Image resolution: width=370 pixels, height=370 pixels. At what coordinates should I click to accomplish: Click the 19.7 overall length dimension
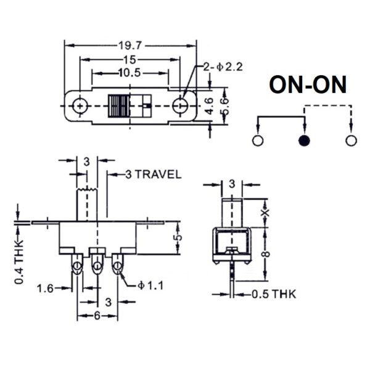(x=130, y=45)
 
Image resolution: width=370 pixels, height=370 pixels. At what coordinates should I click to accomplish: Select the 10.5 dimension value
(x=129, y=73)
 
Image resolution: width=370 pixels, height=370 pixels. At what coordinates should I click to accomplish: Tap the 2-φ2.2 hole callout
(x=223, y=67)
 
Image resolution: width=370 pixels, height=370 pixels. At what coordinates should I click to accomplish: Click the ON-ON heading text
(x=308, y=84)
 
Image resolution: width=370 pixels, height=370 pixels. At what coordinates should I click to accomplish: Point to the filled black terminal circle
(x=304, y=141)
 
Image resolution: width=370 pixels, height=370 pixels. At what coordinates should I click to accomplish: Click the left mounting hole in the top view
(x=80, y=106)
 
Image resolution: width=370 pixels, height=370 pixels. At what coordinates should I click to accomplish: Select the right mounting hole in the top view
(x=180, y=105)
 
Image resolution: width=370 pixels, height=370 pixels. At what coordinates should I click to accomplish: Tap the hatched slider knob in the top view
(x=118, y=106)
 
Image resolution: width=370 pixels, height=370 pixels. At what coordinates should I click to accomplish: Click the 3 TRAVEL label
(x=154, y=175)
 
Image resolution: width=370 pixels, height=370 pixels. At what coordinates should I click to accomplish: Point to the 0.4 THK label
(x=19, y=262)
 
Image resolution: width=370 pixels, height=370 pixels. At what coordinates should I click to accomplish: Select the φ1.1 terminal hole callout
(x=150, y=286)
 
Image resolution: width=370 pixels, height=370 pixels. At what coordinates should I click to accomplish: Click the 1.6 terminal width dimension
(x=45, y=289)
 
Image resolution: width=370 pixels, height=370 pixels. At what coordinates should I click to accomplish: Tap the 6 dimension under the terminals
(x=97, y=316)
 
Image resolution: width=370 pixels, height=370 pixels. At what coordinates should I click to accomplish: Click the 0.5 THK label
(x=274, y=294)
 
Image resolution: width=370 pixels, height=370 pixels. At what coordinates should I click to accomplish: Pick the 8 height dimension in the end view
(x=266, y=254)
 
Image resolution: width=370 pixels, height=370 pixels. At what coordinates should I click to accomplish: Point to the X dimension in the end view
(x=265, y=213)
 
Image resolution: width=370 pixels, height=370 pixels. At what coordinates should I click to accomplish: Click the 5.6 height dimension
(x=225, y=106)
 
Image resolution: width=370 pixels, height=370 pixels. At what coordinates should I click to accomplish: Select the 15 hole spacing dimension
(x=129, y=60)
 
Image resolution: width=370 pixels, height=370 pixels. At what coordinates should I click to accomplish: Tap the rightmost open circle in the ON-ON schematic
(x=351, y=141)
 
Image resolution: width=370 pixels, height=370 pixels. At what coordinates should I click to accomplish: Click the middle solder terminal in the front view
(x=97, y=264)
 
